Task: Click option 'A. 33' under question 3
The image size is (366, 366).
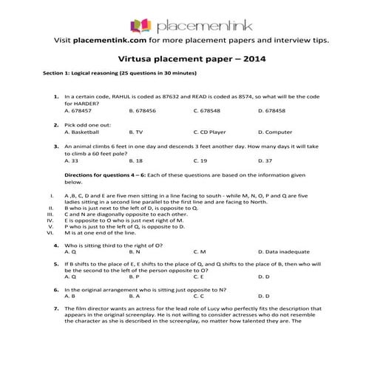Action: tap(72, 160)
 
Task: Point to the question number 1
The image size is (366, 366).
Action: tap(56, 97)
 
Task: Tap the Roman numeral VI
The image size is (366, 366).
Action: tap(50, 232)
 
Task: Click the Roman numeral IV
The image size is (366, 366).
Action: tap(50, 220)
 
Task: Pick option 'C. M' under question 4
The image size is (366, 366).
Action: tap(200, 251)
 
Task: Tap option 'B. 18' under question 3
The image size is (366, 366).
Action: tap(136, 160)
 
